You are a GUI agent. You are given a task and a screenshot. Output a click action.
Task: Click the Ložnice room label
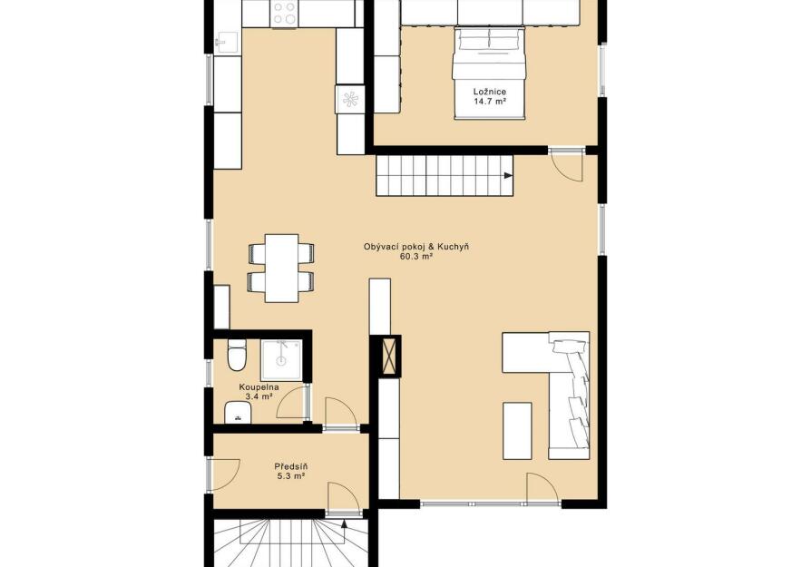point(489,92)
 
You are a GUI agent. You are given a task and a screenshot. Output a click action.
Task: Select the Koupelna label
point(259,387)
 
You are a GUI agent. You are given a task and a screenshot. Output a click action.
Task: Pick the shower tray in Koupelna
point(281,360)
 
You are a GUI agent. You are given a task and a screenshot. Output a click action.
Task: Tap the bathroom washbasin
point(238,413)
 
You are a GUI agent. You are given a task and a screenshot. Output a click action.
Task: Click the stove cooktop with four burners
point(285,13)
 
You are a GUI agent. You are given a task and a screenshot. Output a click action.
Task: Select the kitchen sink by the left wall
point(227,42)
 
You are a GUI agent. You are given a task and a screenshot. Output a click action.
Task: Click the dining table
point(281,268)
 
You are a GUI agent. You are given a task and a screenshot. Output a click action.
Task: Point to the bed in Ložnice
point(489,73)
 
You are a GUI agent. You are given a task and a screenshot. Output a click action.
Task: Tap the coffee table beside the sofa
point(517,431)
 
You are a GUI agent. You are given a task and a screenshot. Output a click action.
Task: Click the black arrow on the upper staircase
point(508,176)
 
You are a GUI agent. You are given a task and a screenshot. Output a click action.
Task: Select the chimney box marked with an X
point(390,356)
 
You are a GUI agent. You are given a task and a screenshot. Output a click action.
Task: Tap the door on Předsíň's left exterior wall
point(223,474)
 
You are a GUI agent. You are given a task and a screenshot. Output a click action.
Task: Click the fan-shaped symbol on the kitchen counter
point(349,99)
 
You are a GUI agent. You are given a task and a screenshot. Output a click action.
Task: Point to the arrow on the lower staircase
point(345,524)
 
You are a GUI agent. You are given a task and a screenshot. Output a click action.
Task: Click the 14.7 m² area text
point(490,102)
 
